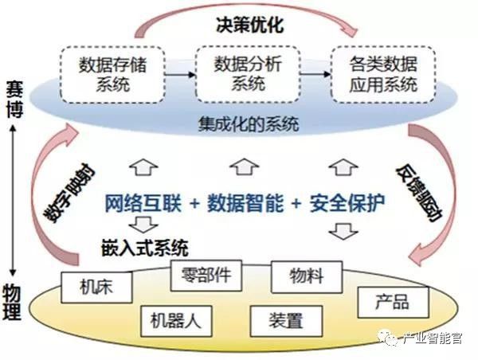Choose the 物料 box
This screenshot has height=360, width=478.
(x=307, y=277)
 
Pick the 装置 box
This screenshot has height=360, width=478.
(x=286, y=321)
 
